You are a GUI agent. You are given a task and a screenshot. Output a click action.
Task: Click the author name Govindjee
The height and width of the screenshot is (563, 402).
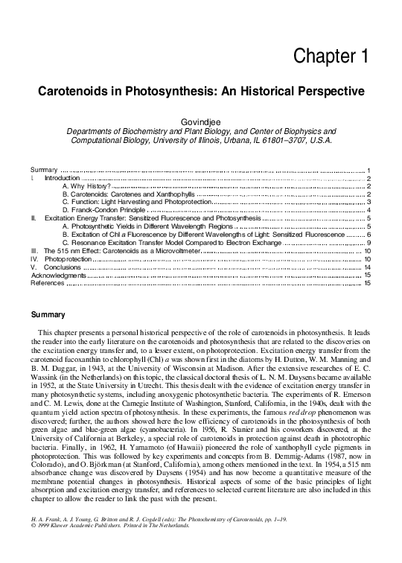click(x=201, y=121)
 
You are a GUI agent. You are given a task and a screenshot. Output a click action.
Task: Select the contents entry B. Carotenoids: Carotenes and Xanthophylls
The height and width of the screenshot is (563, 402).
click(x=128, y=194)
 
